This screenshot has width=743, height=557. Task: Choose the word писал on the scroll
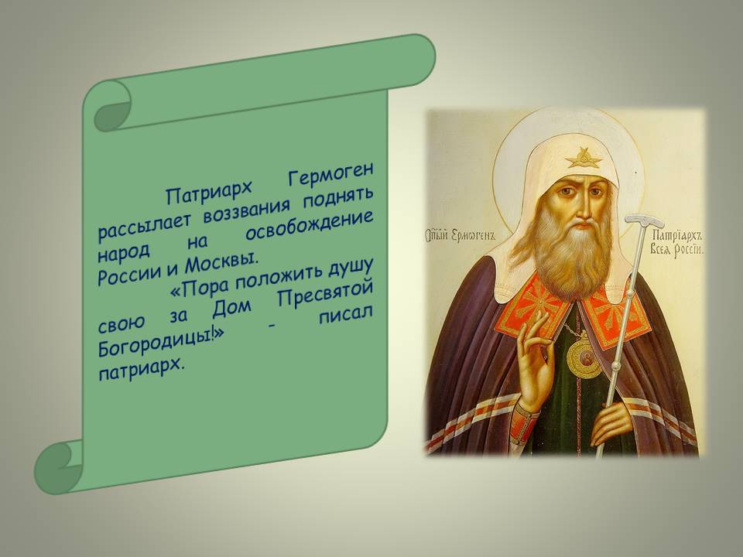pos(345,314)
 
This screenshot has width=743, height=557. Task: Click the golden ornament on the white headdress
pos(584,158)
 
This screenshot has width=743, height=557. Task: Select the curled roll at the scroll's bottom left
pos(56,467)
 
